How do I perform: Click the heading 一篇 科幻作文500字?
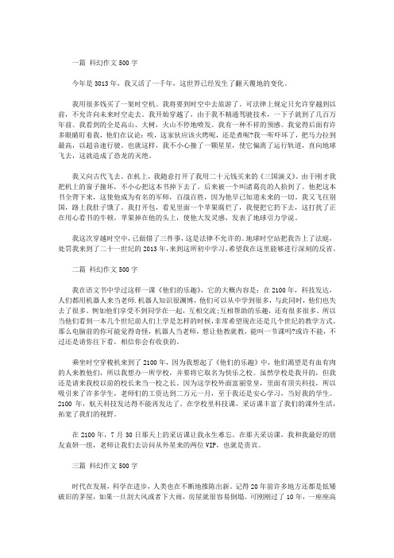pyautogui.click(x=106, y=62)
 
